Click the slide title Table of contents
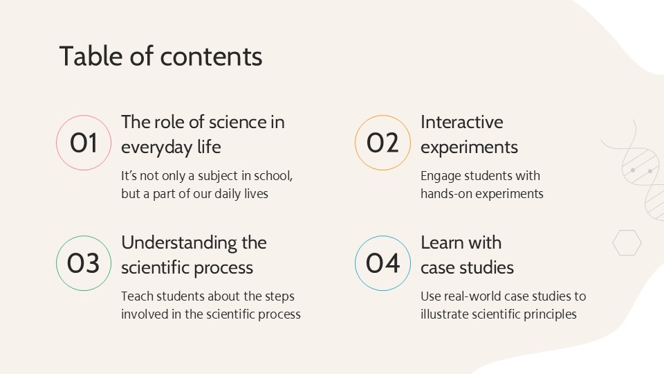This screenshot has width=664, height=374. point(160,57)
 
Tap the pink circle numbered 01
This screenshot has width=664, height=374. point(84,143)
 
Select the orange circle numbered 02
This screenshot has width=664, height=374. point(382,143)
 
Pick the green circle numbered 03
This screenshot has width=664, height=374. point(84,263)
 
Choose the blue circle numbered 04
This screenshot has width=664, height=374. point(382,263)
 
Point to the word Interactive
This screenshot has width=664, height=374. point(461,123)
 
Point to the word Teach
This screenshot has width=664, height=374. point(138,296)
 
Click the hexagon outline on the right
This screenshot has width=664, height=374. point(627,243)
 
